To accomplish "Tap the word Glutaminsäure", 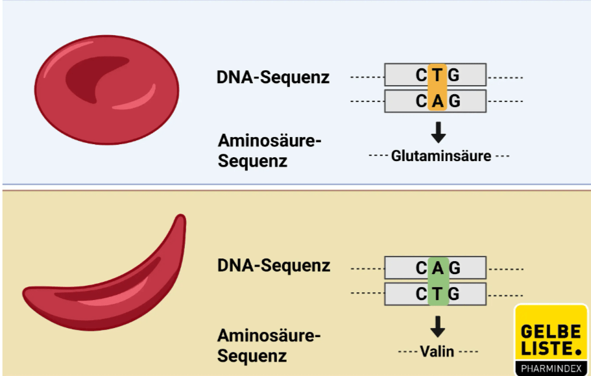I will (x=440, y=157).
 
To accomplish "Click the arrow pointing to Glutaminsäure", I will (x=439, y=132).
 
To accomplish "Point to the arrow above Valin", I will (x=439, y=326).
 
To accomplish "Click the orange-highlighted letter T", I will (x=438, y=75).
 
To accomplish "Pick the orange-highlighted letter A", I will (x=438, y=101).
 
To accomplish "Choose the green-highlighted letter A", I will (x=438, y=267).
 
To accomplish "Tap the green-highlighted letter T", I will (x=438, y=294).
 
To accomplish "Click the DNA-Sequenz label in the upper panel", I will (x=273, y=77).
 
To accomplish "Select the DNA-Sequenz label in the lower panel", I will (x=273, y=266).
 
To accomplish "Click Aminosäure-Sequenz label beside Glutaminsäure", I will (x=269, y=150).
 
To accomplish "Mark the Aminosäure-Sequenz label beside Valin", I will (x=269, y=345).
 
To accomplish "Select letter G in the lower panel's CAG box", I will (x=454, y=267).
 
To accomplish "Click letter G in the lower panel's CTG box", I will (x=454, y=294).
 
